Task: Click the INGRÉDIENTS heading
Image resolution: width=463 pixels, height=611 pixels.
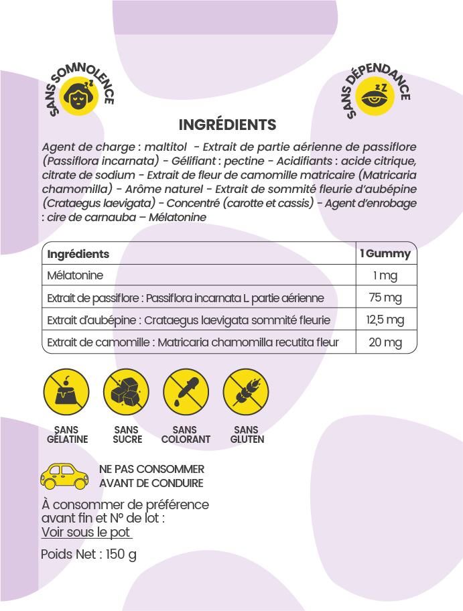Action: point(227,125)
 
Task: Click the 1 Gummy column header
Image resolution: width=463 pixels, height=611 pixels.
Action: point(385,254)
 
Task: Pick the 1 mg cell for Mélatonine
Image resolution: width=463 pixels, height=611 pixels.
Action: point(385,276)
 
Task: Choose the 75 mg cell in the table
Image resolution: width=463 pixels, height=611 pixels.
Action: point(385,298)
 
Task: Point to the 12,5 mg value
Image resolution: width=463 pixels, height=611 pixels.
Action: point(385,320)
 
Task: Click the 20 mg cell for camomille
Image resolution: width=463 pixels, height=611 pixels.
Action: point(385,343)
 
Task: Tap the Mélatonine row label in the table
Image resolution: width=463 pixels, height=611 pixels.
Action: point(75,276)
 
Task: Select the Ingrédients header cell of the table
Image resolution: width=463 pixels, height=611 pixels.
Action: point(78,254)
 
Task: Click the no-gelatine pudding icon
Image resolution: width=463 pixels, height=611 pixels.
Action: point(66,392)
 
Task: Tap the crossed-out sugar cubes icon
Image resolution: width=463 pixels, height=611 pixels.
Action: point(126,392)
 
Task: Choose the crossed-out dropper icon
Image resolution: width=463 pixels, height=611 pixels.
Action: point(186,392)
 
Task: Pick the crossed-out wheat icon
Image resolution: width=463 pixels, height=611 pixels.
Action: point(245,392)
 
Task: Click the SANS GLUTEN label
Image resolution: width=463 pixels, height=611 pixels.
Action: point(247,435)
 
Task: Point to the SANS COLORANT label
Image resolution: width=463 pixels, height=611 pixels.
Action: point(186,435)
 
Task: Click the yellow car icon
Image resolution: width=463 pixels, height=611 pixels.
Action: point(64,475)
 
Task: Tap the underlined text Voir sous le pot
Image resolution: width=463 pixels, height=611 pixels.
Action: point(86,533)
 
